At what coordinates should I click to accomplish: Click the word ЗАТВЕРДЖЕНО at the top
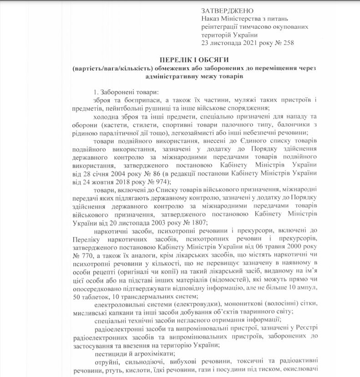tap(227, 10)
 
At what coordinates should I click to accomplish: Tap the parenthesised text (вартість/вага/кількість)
tap(114, 69)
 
